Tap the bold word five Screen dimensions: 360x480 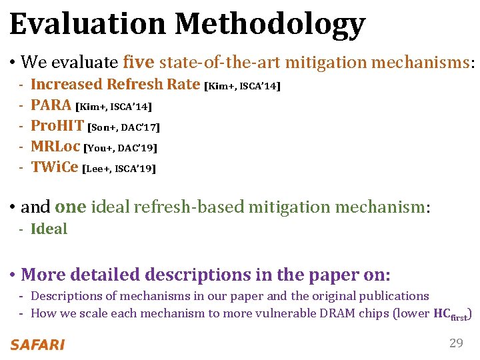[x=139, y=62]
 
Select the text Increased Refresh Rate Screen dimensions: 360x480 [x=115, y=84]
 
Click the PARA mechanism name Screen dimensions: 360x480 [x=51, y=105]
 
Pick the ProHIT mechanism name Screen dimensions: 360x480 [x=57, y=125]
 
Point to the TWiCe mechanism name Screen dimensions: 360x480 [x=54, y=167]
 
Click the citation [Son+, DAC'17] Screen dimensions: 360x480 [x=124, y=127]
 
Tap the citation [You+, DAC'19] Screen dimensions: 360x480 [x=120, y=147]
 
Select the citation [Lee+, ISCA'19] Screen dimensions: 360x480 [x=119, y=169]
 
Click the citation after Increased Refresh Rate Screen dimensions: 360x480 [x=243, y=85]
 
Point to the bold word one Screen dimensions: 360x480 [x=71, y=207]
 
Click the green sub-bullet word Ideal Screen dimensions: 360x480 [x=49, y=229]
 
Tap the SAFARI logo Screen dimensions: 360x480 [x=37, y=345]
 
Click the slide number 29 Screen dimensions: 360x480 [x=456, y=343]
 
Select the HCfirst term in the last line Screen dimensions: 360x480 [x=450, y=314]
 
